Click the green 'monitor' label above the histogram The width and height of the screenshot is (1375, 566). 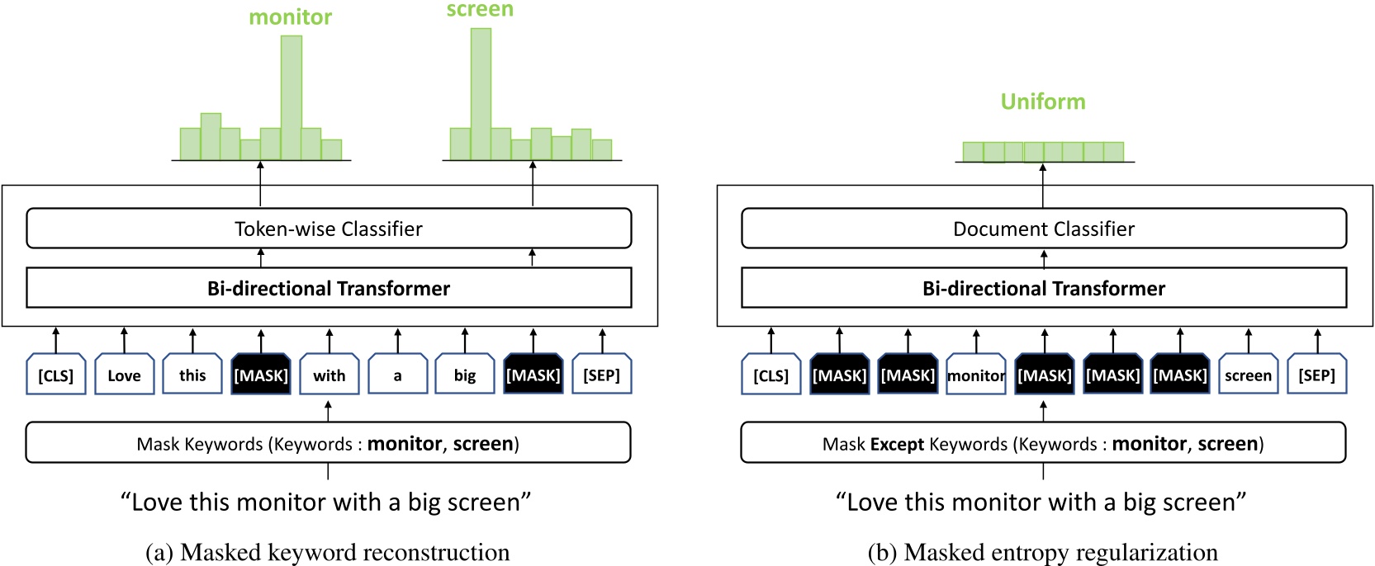(x=290, y=17)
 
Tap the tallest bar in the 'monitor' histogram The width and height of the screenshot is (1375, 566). (x=291, y=97)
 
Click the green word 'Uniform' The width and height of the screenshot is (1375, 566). (x=1042, y=101)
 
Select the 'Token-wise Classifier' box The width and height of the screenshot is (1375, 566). (x=329, y=229)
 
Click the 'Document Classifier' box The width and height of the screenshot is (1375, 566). (x=1043, y=229)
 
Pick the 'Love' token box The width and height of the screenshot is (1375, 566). (x=124, y=375)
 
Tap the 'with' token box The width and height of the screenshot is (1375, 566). (x=329, y=375)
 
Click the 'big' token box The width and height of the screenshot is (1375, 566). (x=465, y=375)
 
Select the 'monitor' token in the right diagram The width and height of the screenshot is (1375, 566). (x=975, y=375)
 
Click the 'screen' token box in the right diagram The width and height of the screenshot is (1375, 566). (x=1248, y=375)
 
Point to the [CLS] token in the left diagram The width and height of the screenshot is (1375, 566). (x=56, y=375)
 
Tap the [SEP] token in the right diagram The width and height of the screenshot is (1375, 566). (x=1316, y=375)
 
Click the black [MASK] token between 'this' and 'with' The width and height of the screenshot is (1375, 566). (x=261, y=375)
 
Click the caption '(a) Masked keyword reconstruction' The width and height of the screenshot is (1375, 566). (x=327, y=551)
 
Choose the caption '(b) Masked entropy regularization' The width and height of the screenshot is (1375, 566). (x=1042, y=551)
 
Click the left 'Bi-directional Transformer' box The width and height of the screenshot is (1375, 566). (x=329, y=288)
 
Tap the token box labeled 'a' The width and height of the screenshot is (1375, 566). (x=397, y=375)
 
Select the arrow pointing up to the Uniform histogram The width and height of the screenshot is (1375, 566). (x=1042, y=185)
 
